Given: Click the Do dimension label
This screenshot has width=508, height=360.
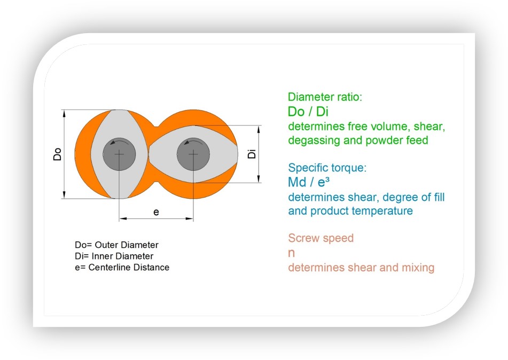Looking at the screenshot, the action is coord(57,154).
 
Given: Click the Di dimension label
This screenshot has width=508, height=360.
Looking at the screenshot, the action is coord(252,154).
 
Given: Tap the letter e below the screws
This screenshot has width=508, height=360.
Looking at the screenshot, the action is coord(156,212).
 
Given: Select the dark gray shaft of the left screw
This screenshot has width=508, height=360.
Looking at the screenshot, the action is coord(119,154).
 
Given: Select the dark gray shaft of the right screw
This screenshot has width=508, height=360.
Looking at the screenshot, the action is coord(193,154).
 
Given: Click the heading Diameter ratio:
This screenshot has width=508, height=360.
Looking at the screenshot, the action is coord(325,97).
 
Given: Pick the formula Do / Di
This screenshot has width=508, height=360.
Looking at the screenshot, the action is coord(308,112).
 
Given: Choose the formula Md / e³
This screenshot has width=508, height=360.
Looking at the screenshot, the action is coord(309,182).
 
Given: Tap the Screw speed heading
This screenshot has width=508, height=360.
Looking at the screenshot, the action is coord(321,238).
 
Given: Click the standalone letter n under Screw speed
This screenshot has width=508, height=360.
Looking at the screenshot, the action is coord(291,253).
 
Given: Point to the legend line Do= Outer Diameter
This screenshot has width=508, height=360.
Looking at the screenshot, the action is coord(116,245).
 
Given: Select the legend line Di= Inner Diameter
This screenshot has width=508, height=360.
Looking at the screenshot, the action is coord(114,256).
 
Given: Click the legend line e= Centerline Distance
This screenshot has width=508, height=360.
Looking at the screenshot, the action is coord(122,267).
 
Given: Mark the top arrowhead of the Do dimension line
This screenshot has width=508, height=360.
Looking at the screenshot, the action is coord(64,113).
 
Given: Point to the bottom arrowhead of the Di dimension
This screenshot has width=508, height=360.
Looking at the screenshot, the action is coord(259,179).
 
